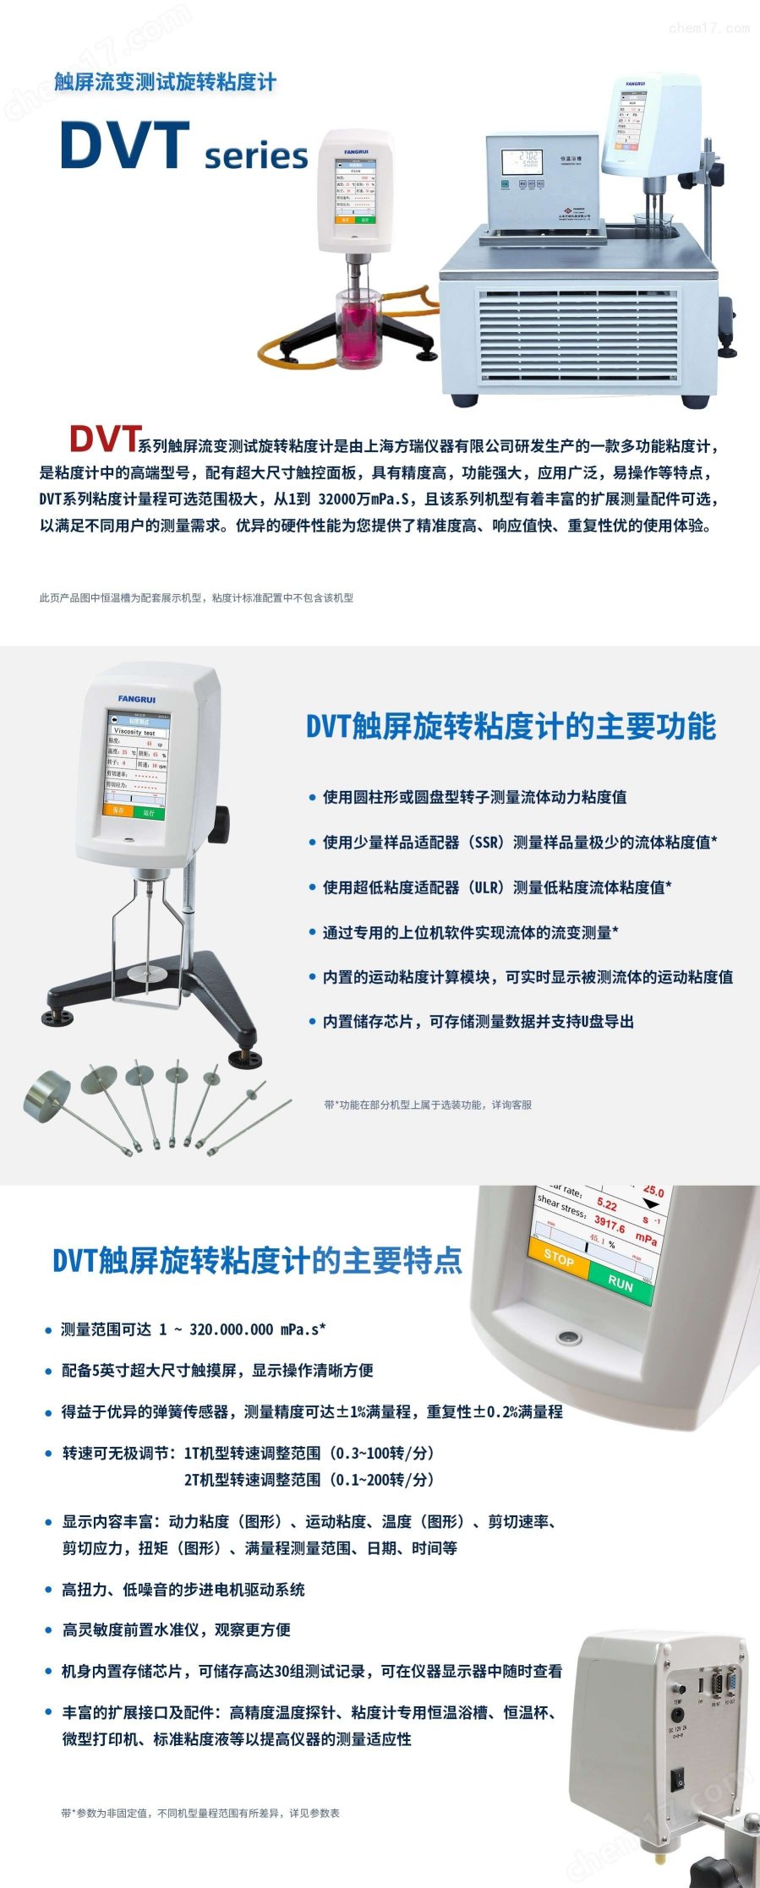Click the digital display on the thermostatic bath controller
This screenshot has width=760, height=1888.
click(x=521, y=160)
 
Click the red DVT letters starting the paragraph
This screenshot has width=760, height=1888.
click(x=103, y=439)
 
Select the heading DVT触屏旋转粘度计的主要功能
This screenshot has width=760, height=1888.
click(x=511, y=726)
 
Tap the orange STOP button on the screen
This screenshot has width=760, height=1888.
click(x=558, y=1258)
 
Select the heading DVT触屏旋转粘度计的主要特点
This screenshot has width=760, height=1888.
click(x=257, y=1260)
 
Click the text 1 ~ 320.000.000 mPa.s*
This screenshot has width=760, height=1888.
click(x=242, y=1329)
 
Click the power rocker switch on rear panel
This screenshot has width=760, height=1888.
click(x=677, y=1780)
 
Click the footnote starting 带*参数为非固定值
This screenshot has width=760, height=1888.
click(x=200, y=1813)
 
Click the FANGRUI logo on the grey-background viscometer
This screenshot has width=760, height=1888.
click(x=137, y=699)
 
